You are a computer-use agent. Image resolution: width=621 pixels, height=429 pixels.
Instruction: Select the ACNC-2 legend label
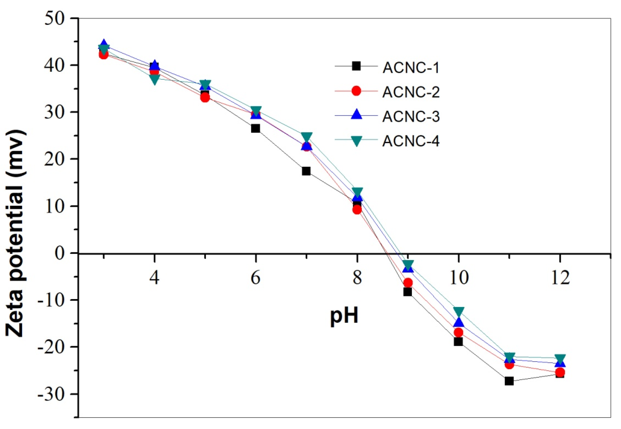click(411, 92)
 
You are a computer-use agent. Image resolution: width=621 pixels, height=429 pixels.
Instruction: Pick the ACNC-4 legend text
click(411, 141)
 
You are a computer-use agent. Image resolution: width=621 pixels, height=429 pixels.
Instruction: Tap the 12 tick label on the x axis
click(560, 278)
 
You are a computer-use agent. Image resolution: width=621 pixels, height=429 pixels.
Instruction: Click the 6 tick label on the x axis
click(256, 278)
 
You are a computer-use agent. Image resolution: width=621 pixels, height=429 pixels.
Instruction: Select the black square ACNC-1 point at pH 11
click(509, 381)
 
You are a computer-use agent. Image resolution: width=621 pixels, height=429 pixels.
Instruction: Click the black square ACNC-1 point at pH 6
click(256, 128)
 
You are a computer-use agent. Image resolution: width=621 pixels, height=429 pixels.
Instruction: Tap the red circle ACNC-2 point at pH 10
click(458, 333)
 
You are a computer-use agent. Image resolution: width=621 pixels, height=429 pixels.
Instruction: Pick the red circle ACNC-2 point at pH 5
click(205, 98)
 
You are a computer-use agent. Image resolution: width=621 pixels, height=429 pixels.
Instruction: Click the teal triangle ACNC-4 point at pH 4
click(154, 80)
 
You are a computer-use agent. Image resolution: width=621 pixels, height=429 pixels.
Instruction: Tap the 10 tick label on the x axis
click(459, 278)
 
